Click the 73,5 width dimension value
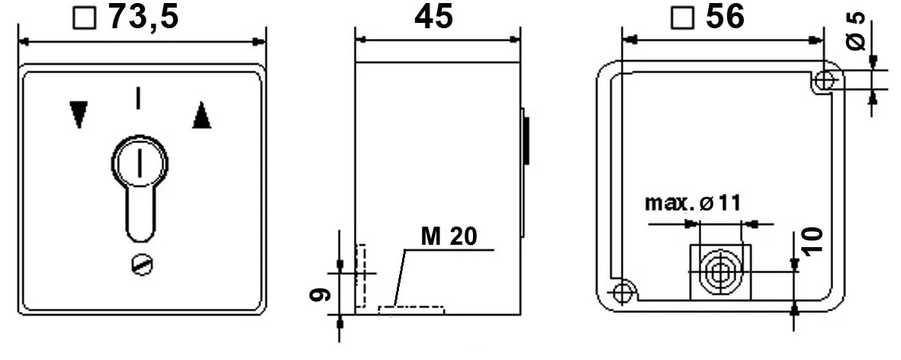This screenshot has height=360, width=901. (x=143, y=18)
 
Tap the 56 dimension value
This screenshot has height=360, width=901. (x=726, y=17)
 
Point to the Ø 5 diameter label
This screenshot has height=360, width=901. (x=855, y=31)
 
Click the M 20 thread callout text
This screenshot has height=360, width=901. (x=449, y=236)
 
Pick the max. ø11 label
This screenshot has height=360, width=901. (x=693, y=203)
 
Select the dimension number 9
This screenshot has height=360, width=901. (x=320, y=294)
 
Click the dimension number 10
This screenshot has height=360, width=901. (x=813, y=241)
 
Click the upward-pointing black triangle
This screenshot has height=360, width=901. (x=201, y=114)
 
